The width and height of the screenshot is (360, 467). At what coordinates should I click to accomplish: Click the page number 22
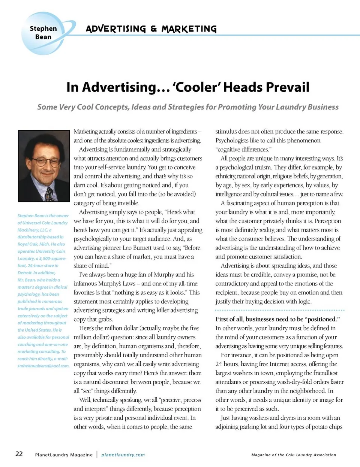point(19,454)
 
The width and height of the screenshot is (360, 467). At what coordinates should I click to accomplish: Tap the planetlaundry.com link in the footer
point(123,455)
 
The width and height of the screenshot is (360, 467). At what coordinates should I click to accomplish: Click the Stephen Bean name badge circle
point(43,33)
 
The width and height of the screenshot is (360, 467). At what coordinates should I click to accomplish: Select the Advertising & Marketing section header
point(151,29)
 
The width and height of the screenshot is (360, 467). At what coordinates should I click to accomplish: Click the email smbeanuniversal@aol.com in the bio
point(43,366)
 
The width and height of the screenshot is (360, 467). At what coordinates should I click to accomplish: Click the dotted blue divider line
point(280,310)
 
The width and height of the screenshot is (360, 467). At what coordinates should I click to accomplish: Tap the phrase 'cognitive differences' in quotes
point(243,150)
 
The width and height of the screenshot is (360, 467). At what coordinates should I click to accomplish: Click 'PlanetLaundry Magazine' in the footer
point(64,455)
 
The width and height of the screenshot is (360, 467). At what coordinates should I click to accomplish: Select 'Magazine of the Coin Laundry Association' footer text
point(294,455)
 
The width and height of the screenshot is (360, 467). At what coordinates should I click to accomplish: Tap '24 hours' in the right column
point(227,364)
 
